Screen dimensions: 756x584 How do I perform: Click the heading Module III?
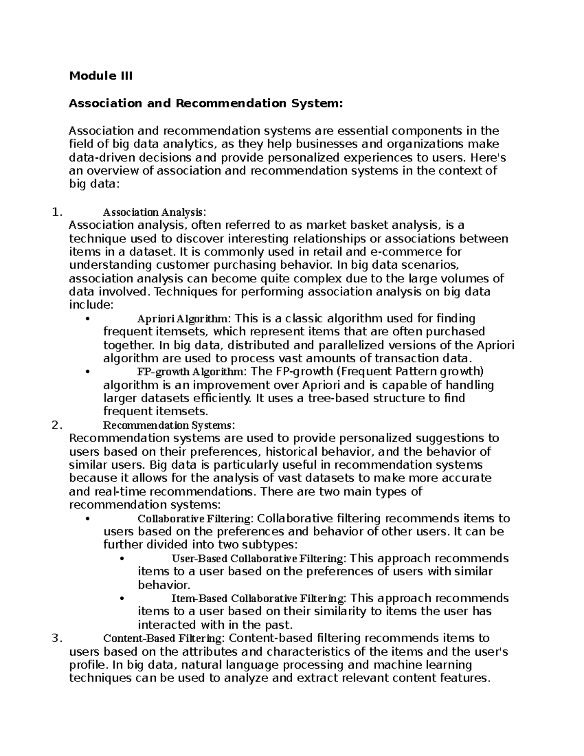101,76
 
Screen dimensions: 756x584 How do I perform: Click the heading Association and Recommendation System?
206,103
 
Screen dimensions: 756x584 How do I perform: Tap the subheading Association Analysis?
155,212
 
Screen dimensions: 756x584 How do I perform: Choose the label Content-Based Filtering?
164,638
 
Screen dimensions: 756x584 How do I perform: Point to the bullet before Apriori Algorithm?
88,319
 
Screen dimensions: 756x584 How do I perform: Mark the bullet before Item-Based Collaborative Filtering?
122,598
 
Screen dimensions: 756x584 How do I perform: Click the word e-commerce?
399,252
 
